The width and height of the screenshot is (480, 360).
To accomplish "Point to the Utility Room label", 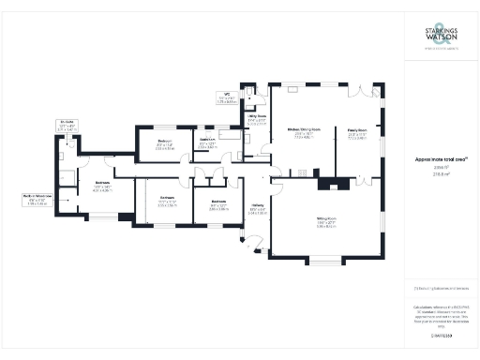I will pos(257,120).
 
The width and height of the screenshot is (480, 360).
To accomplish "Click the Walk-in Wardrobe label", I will pos(36,197).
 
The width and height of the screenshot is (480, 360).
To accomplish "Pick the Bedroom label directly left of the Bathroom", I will pos(164,143).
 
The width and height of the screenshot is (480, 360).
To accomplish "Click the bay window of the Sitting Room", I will pos(329,258).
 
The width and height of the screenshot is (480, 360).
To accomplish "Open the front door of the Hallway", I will pos(247,246).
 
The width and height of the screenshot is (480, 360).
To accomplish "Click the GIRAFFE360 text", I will pos(442,335).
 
